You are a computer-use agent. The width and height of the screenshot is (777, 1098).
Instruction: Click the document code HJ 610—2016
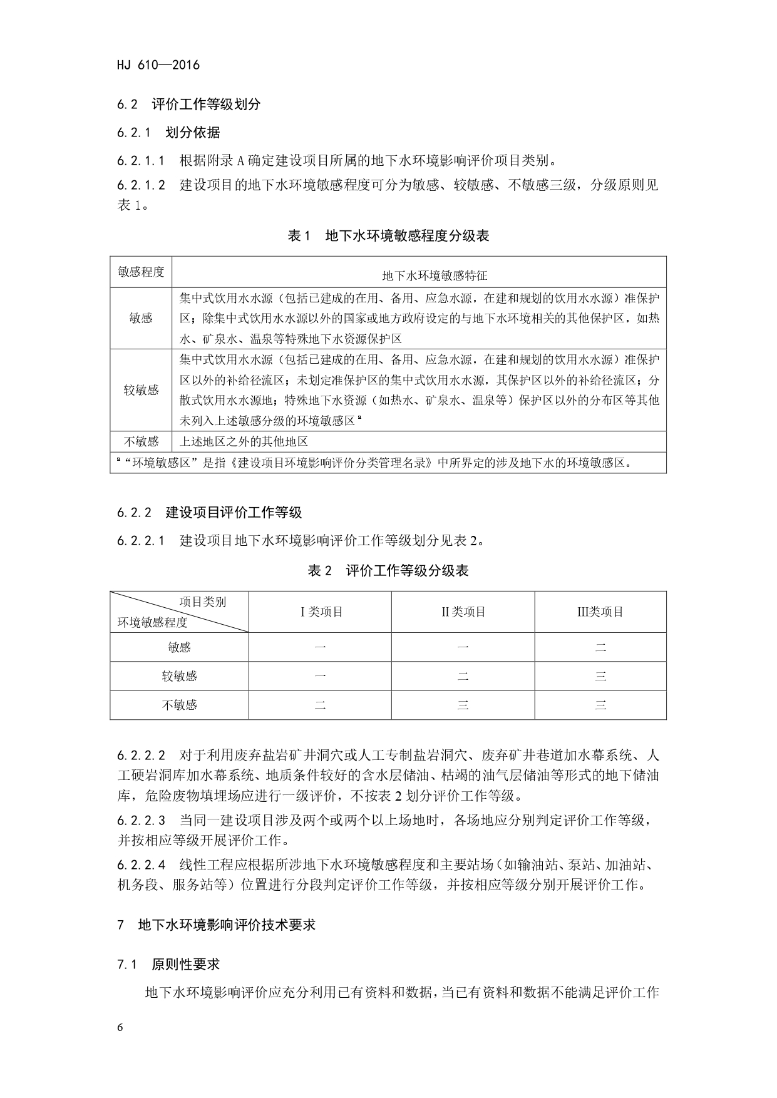tap(158, 65)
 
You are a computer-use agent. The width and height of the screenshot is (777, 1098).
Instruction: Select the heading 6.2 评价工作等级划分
tap(188, 105)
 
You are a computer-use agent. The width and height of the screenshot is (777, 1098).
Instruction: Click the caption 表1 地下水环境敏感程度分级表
tap(388, 236)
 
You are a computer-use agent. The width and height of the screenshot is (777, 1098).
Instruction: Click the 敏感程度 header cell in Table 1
tap(141, 272)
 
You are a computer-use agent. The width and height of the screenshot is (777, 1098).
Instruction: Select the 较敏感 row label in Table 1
tap(141, 390)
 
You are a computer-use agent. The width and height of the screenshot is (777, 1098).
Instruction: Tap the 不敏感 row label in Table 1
tap(141, 442)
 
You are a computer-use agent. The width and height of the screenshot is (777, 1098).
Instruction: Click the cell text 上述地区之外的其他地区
tap(244, 442)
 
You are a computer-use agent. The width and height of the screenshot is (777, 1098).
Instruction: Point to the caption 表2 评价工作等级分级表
tap(388, 571)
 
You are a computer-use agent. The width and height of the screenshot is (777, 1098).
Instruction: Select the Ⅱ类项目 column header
tap(463, 612)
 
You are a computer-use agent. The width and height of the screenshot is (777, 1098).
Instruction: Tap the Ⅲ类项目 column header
tap(600, 612)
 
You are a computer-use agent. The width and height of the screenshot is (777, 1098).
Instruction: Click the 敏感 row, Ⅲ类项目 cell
tap(600, 647)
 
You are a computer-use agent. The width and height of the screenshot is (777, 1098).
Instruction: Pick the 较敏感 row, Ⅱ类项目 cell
tap(463, 676)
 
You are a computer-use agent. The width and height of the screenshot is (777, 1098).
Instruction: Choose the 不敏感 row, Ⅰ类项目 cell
tap(321, 705)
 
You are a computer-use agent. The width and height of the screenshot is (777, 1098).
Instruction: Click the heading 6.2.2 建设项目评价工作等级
tap(209, 513)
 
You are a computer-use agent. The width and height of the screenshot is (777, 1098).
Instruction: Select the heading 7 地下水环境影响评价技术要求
tap(216, 925)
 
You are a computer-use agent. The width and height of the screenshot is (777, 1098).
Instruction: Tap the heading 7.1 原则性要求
tap(168, 965)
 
